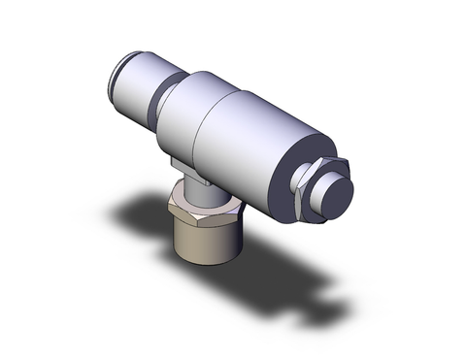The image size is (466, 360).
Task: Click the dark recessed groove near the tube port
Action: point(167,92)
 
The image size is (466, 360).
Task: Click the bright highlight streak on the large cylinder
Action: point(243,107)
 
